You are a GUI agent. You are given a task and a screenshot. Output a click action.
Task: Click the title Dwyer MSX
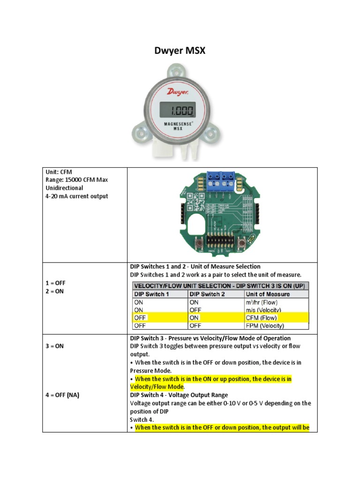[x=180, y=51]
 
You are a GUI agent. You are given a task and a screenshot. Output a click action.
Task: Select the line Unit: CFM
[x=59, y=172]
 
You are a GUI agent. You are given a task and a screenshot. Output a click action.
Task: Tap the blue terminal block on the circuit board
[x=220, y=178]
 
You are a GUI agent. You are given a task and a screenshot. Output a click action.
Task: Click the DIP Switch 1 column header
[x=149, y=294]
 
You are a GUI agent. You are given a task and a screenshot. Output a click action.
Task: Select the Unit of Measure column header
[x=268, y=294]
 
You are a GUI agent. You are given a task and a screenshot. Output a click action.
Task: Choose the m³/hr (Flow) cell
[x=264, y=302]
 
